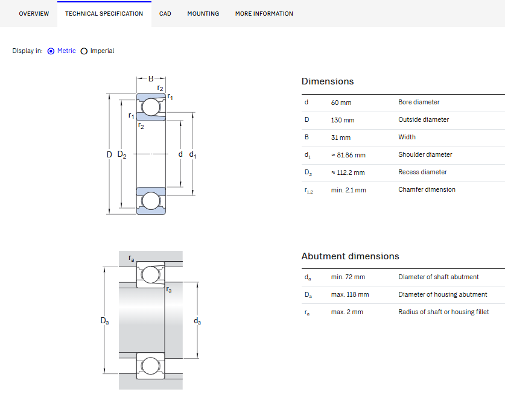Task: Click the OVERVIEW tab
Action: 34,13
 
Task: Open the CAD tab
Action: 165,13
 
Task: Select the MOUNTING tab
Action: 203,13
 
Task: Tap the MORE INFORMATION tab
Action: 264,13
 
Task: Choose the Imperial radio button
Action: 84,51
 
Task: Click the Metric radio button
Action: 51,51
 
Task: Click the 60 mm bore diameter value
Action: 341,103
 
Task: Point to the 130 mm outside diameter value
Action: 343,120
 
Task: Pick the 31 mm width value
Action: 341,137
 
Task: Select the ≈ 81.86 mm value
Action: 348,155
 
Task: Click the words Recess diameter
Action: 422,172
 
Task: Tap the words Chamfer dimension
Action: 427,189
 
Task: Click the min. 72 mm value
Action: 348,277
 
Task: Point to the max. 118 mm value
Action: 350,294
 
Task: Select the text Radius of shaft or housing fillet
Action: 443,312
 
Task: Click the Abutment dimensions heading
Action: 350,256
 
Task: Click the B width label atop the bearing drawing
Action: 151,78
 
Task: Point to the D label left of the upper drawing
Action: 109,154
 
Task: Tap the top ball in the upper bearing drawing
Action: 151,107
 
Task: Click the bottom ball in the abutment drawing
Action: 150,366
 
